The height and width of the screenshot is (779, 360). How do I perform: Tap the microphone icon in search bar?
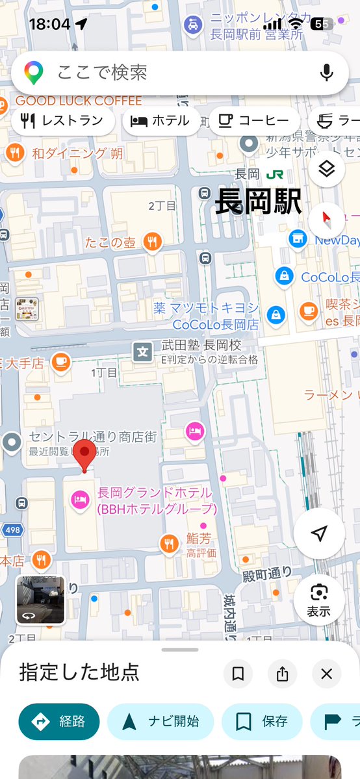pos(327,72)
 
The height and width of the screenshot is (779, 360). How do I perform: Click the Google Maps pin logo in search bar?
pos(34,72)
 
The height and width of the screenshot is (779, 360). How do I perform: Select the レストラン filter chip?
pos(63,121)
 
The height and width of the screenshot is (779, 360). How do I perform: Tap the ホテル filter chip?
pos(161,121)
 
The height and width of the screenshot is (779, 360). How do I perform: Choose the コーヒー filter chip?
pos(254,121)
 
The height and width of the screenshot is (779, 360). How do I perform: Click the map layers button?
pos(326,170)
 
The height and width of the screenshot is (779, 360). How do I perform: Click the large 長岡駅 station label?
pos(259,202)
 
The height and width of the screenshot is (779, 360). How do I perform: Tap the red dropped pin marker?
pos(84,455)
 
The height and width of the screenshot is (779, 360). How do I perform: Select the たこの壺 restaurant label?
pos(110,242)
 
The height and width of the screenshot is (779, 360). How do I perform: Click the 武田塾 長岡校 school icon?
pos(142,352)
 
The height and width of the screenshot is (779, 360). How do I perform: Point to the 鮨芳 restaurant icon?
pos(169,543)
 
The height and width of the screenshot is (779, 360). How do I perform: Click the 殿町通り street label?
pos(268,576)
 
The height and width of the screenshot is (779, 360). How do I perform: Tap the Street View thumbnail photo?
pos(40,600)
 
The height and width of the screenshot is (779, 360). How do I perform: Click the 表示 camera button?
pos(318,600)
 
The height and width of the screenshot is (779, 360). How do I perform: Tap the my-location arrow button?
pos(318,533)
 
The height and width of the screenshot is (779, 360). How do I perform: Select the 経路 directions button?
pos(59,721)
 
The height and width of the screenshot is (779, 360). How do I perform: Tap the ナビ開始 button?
pos(160,721)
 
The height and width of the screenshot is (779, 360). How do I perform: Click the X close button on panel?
pos(326,674)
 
